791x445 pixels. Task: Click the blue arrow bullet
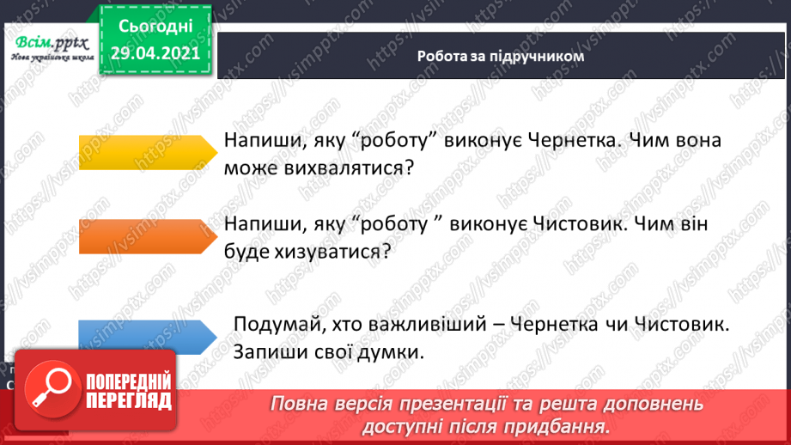coord(147,336)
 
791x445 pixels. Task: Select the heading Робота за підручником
coord(501,58)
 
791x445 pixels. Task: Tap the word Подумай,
coord(271,326)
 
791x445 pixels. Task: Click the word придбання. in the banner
coord(566,425)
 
